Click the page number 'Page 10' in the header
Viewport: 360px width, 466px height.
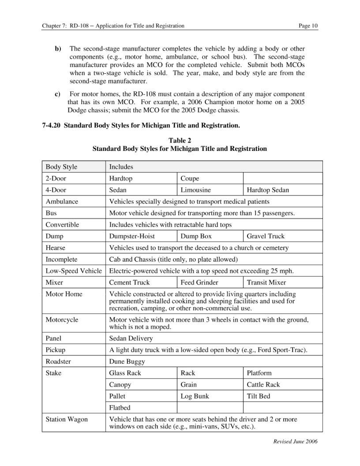click(x=307, y=26)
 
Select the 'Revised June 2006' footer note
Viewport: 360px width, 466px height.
click(x=295, y=441)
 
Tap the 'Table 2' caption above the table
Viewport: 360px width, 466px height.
click(x=180, y=140)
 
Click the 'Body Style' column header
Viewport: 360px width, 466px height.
click(x=61, y=167)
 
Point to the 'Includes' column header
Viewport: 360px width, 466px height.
click(x=121, y=167)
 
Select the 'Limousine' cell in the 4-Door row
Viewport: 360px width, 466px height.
click(x=195, y=190)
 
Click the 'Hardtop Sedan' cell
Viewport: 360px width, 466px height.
click(x=268, y=190)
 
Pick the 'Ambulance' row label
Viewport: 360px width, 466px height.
click(x=62, y=202)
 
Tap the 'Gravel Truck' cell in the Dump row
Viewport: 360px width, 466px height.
click(x=266, y=237)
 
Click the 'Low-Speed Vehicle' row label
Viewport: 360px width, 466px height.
click(x=74, y=271)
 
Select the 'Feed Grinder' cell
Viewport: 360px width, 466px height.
click(x=199, y=282)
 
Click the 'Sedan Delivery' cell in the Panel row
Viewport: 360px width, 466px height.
click(x=131, y=338)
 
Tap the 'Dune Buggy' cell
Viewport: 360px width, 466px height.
click(x=127, y=361)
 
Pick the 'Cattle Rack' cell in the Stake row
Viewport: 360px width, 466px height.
click(x=263, y=384)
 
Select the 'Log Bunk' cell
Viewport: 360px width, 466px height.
click(x=195, y=396)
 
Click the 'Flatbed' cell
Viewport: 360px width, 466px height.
click(x=120, y=408)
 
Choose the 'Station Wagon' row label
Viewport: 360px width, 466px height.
click(x=67, y=419)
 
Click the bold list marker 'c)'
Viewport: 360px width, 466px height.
click(x=57, y=94)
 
